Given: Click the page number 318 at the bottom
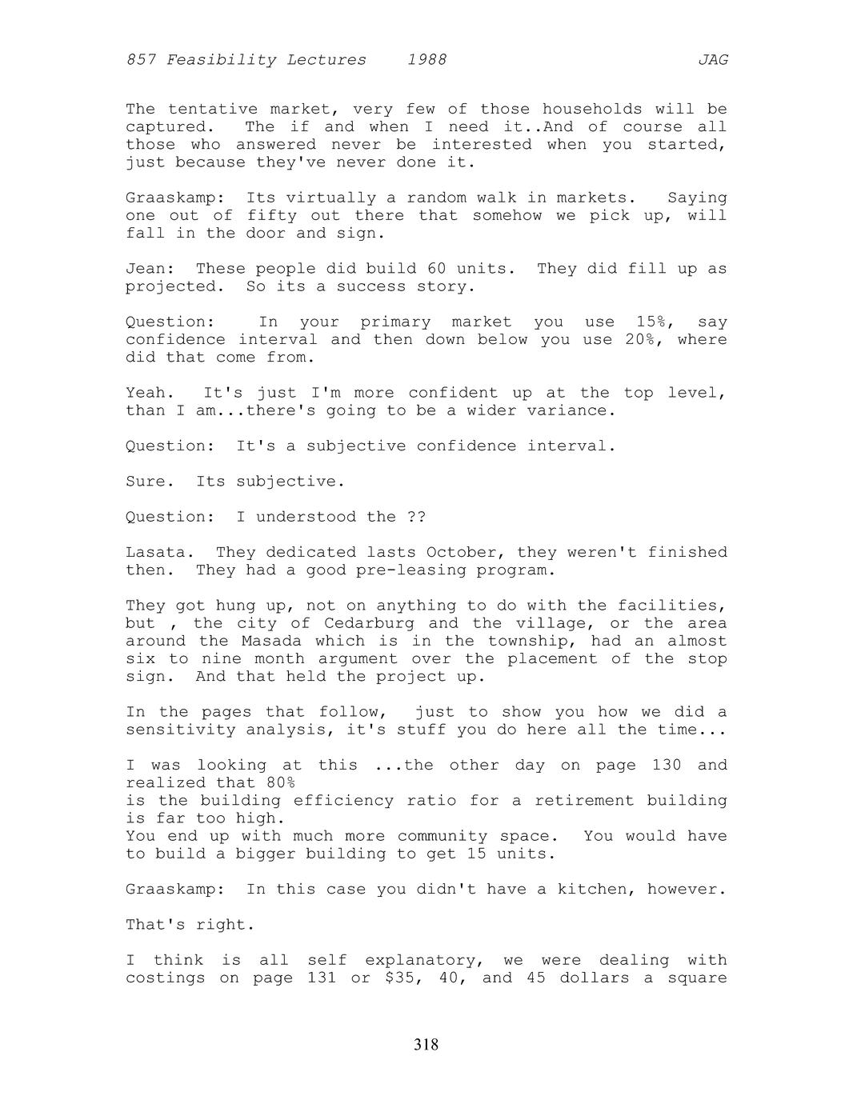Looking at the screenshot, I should click(426, 1045).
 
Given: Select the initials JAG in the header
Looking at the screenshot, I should click(712, 60).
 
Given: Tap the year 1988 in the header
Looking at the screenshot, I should click(426, 60).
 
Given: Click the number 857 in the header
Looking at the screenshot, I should click(140, 60).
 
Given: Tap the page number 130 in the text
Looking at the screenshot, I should click(667, 765).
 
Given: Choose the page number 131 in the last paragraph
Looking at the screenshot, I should click(322, 978).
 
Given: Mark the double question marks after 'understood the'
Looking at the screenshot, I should click(416, 517).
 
